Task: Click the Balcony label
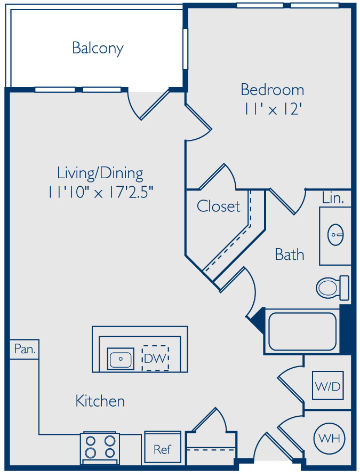coord(98,48)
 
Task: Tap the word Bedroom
coord(273,90)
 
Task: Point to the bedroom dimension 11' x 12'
coord(273,108)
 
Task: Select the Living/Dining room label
coord(100,173)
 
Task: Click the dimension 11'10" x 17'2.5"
coord(100,192)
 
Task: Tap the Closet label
coord(218,206)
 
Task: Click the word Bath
coord(290,255)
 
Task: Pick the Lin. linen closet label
coord(333,198)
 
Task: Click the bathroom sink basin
coord(335,235)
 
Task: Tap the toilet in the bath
coord(332,288)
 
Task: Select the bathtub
coord(302,331)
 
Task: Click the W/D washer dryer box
coord(328,386)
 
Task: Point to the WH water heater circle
coord(329,439)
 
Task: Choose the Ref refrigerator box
coord(163,449)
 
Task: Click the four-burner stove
coord(100,448)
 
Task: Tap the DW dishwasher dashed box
coord(155,358)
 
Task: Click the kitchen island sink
coord(121,359)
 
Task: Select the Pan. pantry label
coord(25,350)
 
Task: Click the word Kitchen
coord(100,401)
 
